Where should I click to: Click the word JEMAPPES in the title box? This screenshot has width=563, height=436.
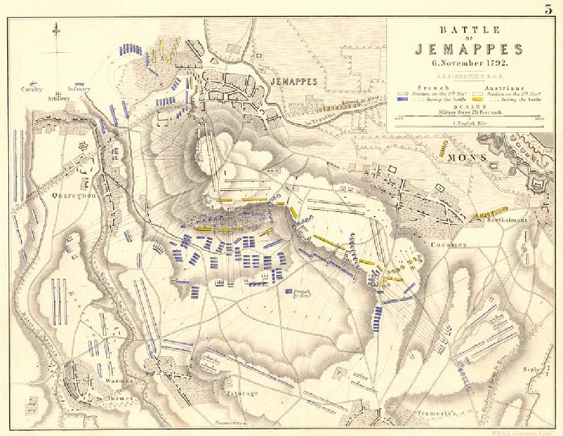[469, 50]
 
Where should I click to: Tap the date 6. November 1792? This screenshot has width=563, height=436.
[469, 63]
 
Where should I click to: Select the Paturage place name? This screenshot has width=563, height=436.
[241, 393]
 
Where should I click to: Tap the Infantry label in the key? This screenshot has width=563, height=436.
[79, 89]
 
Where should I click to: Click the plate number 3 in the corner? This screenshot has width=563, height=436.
[548, 10]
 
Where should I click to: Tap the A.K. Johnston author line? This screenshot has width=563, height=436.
[469, 76]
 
